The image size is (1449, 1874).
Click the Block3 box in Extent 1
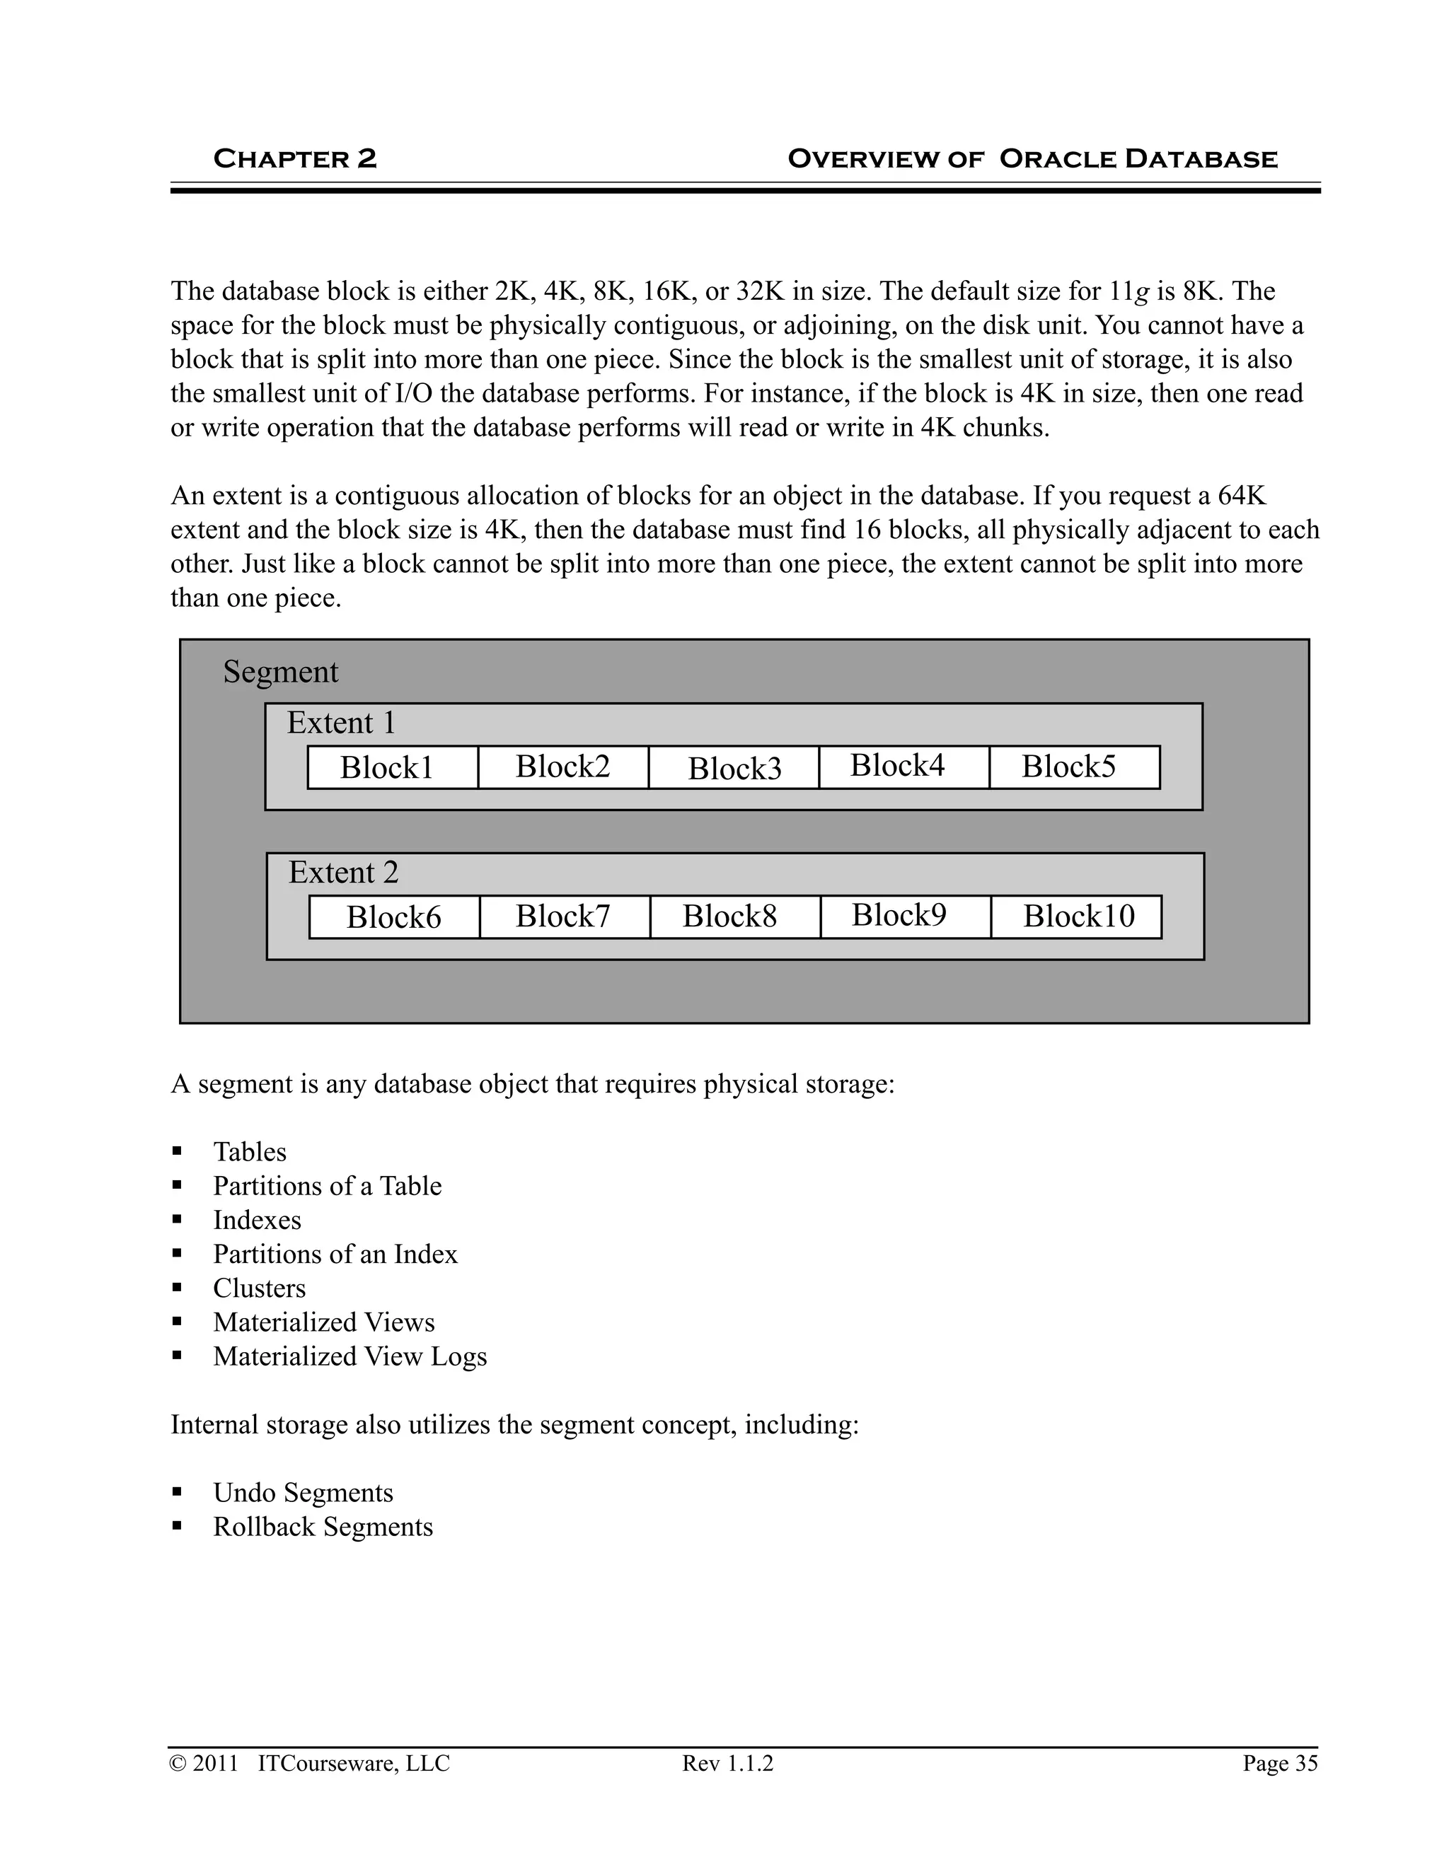pos(734,768)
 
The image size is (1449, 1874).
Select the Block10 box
pos(1076,916)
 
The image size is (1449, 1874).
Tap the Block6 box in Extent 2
pos(394,917)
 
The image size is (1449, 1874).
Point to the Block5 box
pos(1074,767)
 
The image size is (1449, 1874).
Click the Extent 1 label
pos(341,723)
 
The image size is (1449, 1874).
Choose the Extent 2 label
pos(342,873)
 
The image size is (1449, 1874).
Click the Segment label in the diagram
pos(280,672)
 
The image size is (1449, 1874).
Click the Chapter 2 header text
pos(294,158)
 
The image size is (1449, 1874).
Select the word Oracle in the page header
pos(1058,158)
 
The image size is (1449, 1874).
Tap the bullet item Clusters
pos(259,1288)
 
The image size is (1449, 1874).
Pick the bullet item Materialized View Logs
pos(350,1356)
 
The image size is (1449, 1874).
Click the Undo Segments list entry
pos(303,1492)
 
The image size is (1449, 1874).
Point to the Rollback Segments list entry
pos(323,1527)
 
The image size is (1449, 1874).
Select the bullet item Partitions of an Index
pos(335,1254)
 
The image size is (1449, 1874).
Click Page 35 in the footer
pos(1279,1762)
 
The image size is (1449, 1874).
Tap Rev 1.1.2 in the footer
pos(727,1762)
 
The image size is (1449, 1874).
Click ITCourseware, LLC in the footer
pos(354,1762)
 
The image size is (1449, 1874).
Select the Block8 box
pos(729,916)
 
